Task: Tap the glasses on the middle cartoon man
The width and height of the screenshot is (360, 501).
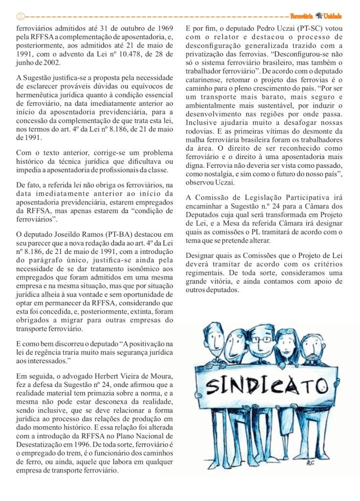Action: tap(265, 340)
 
